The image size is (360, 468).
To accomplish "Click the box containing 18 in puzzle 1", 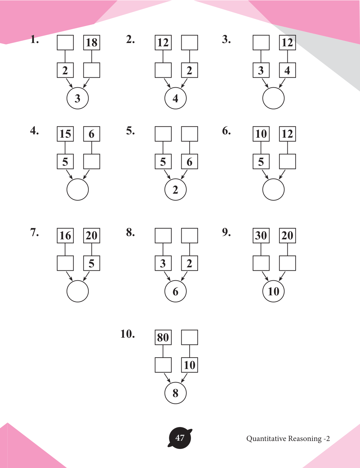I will click(92, 43).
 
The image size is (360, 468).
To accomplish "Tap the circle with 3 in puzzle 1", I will click(78, 98).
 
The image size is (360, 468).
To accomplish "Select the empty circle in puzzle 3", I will click(273, 98).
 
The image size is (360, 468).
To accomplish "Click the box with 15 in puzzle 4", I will click(65, 134).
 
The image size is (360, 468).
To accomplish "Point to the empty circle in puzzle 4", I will click(78, 190).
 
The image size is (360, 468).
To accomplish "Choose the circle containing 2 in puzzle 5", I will click(175, 190).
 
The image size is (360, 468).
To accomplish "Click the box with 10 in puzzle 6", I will click(261, 134).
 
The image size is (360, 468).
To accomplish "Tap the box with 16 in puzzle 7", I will click(65, 236).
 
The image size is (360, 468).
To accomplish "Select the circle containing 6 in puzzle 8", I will click(175, 291).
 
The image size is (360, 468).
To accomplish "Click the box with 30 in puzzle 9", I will click(261, 236).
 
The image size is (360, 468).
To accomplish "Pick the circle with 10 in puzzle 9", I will click(273, 291).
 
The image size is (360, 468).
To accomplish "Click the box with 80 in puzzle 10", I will click(163, 337).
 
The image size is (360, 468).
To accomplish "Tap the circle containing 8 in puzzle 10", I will click(175, 393).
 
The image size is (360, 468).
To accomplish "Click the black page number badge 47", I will click(180, 438).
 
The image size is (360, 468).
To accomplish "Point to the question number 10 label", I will click(128, 334).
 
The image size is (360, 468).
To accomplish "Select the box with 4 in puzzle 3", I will click(287, 70).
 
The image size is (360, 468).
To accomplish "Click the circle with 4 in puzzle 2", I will click(175, 98).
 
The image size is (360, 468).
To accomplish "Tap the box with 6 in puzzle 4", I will click(92, 134).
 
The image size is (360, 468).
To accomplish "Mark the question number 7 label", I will click(34, 232).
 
